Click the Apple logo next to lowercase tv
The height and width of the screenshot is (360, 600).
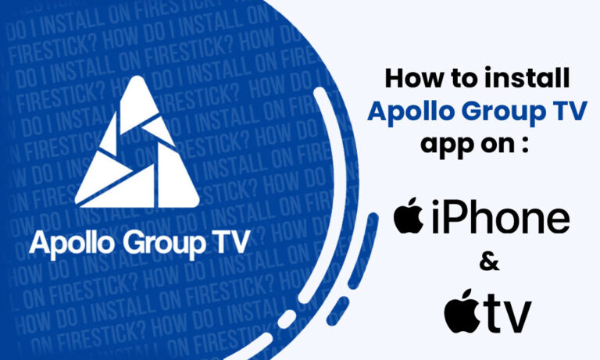(x=462, y=310)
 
